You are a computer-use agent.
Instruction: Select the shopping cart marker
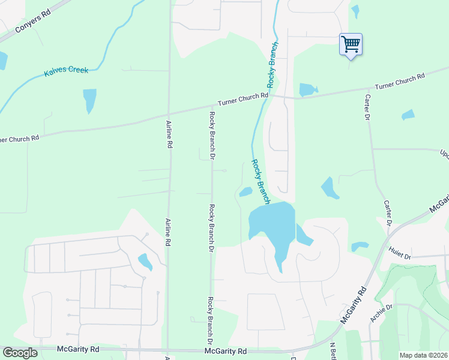(351, 44)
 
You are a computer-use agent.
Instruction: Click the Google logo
(20, 353)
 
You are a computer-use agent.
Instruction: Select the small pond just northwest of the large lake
(246, 192)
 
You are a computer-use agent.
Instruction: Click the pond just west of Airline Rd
(145, 262)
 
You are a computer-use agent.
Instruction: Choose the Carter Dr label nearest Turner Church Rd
(366, 109)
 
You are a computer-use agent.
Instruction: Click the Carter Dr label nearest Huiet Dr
(387, 214)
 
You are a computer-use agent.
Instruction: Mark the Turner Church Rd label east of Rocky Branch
(400, 81)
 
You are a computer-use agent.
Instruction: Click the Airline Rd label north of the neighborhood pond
(169, 134)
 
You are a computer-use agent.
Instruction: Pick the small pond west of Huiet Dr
(360, 246)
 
